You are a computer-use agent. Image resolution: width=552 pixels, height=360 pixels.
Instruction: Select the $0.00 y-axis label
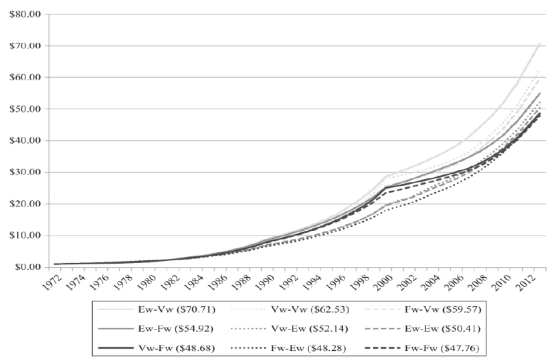26,267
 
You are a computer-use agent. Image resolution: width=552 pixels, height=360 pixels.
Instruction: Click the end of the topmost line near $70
540,43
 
